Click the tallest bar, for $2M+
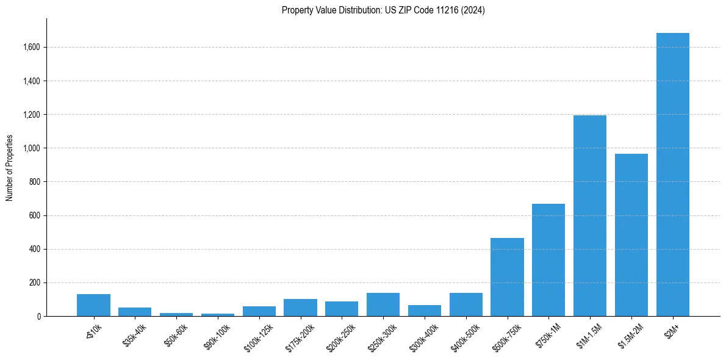(x=672, y=175)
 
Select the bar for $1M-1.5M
(x=590, y=216)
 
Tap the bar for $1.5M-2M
(x=631, y=235)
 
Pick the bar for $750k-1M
(x=548, y=260)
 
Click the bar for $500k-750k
(x=507, y=277)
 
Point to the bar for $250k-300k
(x=383, y=304)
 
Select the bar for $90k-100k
(x=218, y=315)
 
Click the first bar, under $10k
(x=93, y=305)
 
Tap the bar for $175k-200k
(x=300, y=308)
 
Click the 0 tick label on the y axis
(x=40, y=317)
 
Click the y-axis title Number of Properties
(x=10, y=167)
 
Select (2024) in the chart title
(x=474, y=10)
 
